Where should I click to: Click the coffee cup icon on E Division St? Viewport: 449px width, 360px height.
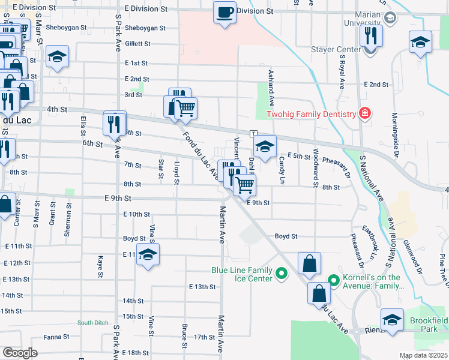225,12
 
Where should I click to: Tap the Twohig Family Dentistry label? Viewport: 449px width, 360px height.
308,113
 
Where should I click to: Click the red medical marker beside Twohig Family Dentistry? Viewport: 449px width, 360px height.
364,113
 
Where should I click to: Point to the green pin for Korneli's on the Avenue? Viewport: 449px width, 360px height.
334,280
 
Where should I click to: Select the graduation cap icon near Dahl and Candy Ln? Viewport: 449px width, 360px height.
265,146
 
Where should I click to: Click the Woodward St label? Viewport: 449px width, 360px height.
315,165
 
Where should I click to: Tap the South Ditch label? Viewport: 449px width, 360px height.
92,323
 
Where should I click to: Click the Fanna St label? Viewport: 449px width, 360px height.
56,337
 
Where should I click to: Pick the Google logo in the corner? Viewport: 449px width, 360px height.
20,353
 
